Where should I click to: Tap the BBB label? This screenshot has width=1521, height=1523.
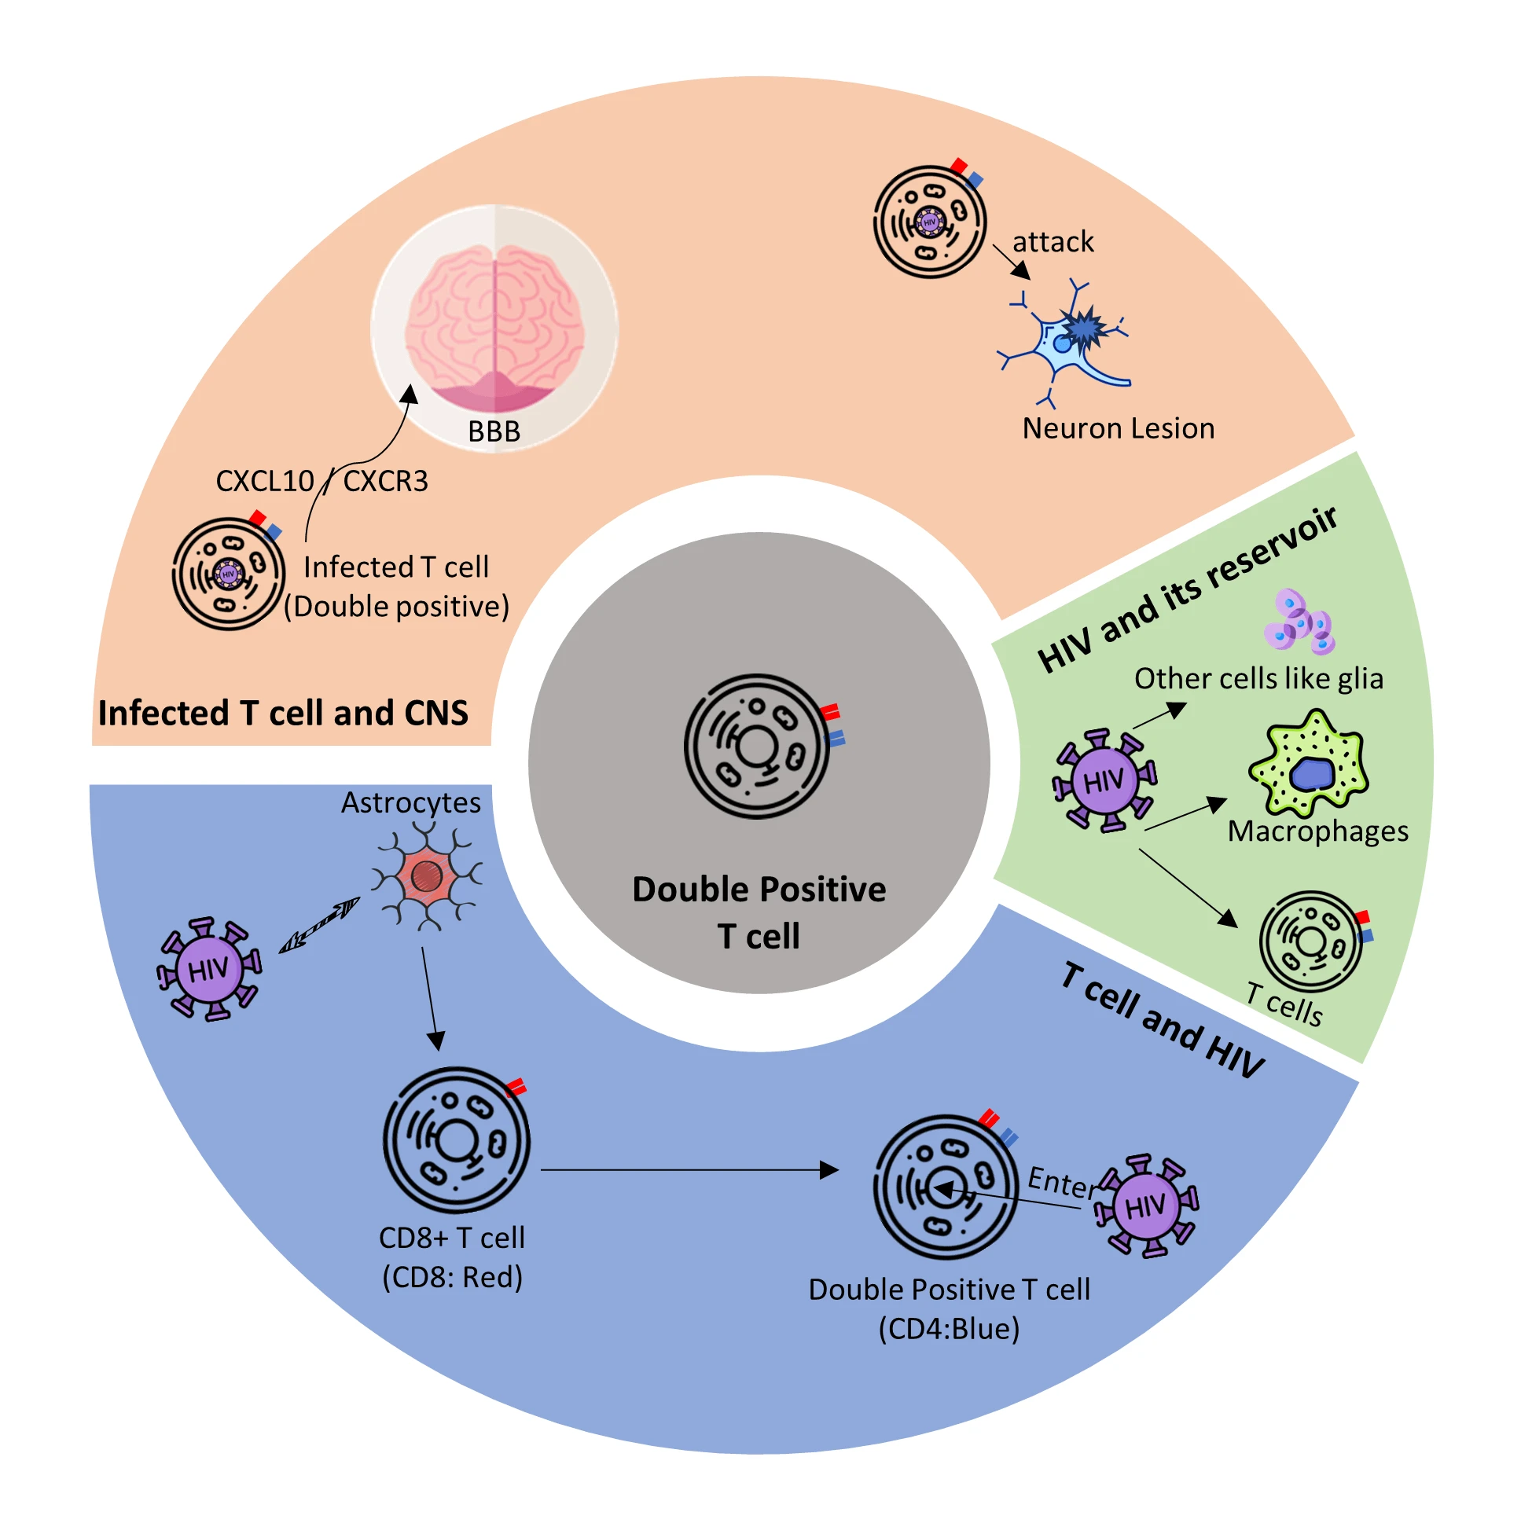click(x=494, y=431)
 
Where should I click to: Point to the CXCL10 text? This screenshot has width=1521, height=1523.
click(x=264, y=481)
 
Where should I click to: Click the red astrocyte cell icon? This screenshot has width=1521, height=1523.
click(x=427, y=875)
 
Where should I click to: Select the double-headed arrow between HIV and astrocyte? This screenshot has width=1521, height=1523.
click(x=319, y=926)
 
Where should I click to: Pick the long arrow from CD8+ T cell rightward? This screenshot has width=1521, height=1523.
click(x=686, y=1170)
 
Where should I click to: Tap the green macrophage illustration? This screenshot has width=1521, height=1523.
click(x=1309, y=763)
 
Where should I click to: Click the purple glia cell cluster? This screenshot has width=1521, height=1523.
click(x=1299, y=622)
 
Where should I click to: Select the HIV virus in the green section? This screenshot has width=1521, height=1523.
click(x=1104, y=780)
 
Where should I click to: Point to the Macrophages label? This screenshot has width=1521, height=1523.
click(x=1317, y=831)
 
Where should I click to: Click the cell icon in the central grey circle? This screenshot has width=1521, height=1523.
click(x=757, y=746)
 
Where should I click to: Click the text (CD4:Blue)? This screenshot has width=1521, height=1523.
click(x=949, y=1328)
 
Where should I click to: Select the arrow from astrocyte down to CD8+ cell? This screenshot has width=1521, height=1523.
click(x=430, y=997)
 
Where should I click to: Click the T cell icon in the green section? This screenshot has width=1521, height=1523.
click(x=1310, y=941)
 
